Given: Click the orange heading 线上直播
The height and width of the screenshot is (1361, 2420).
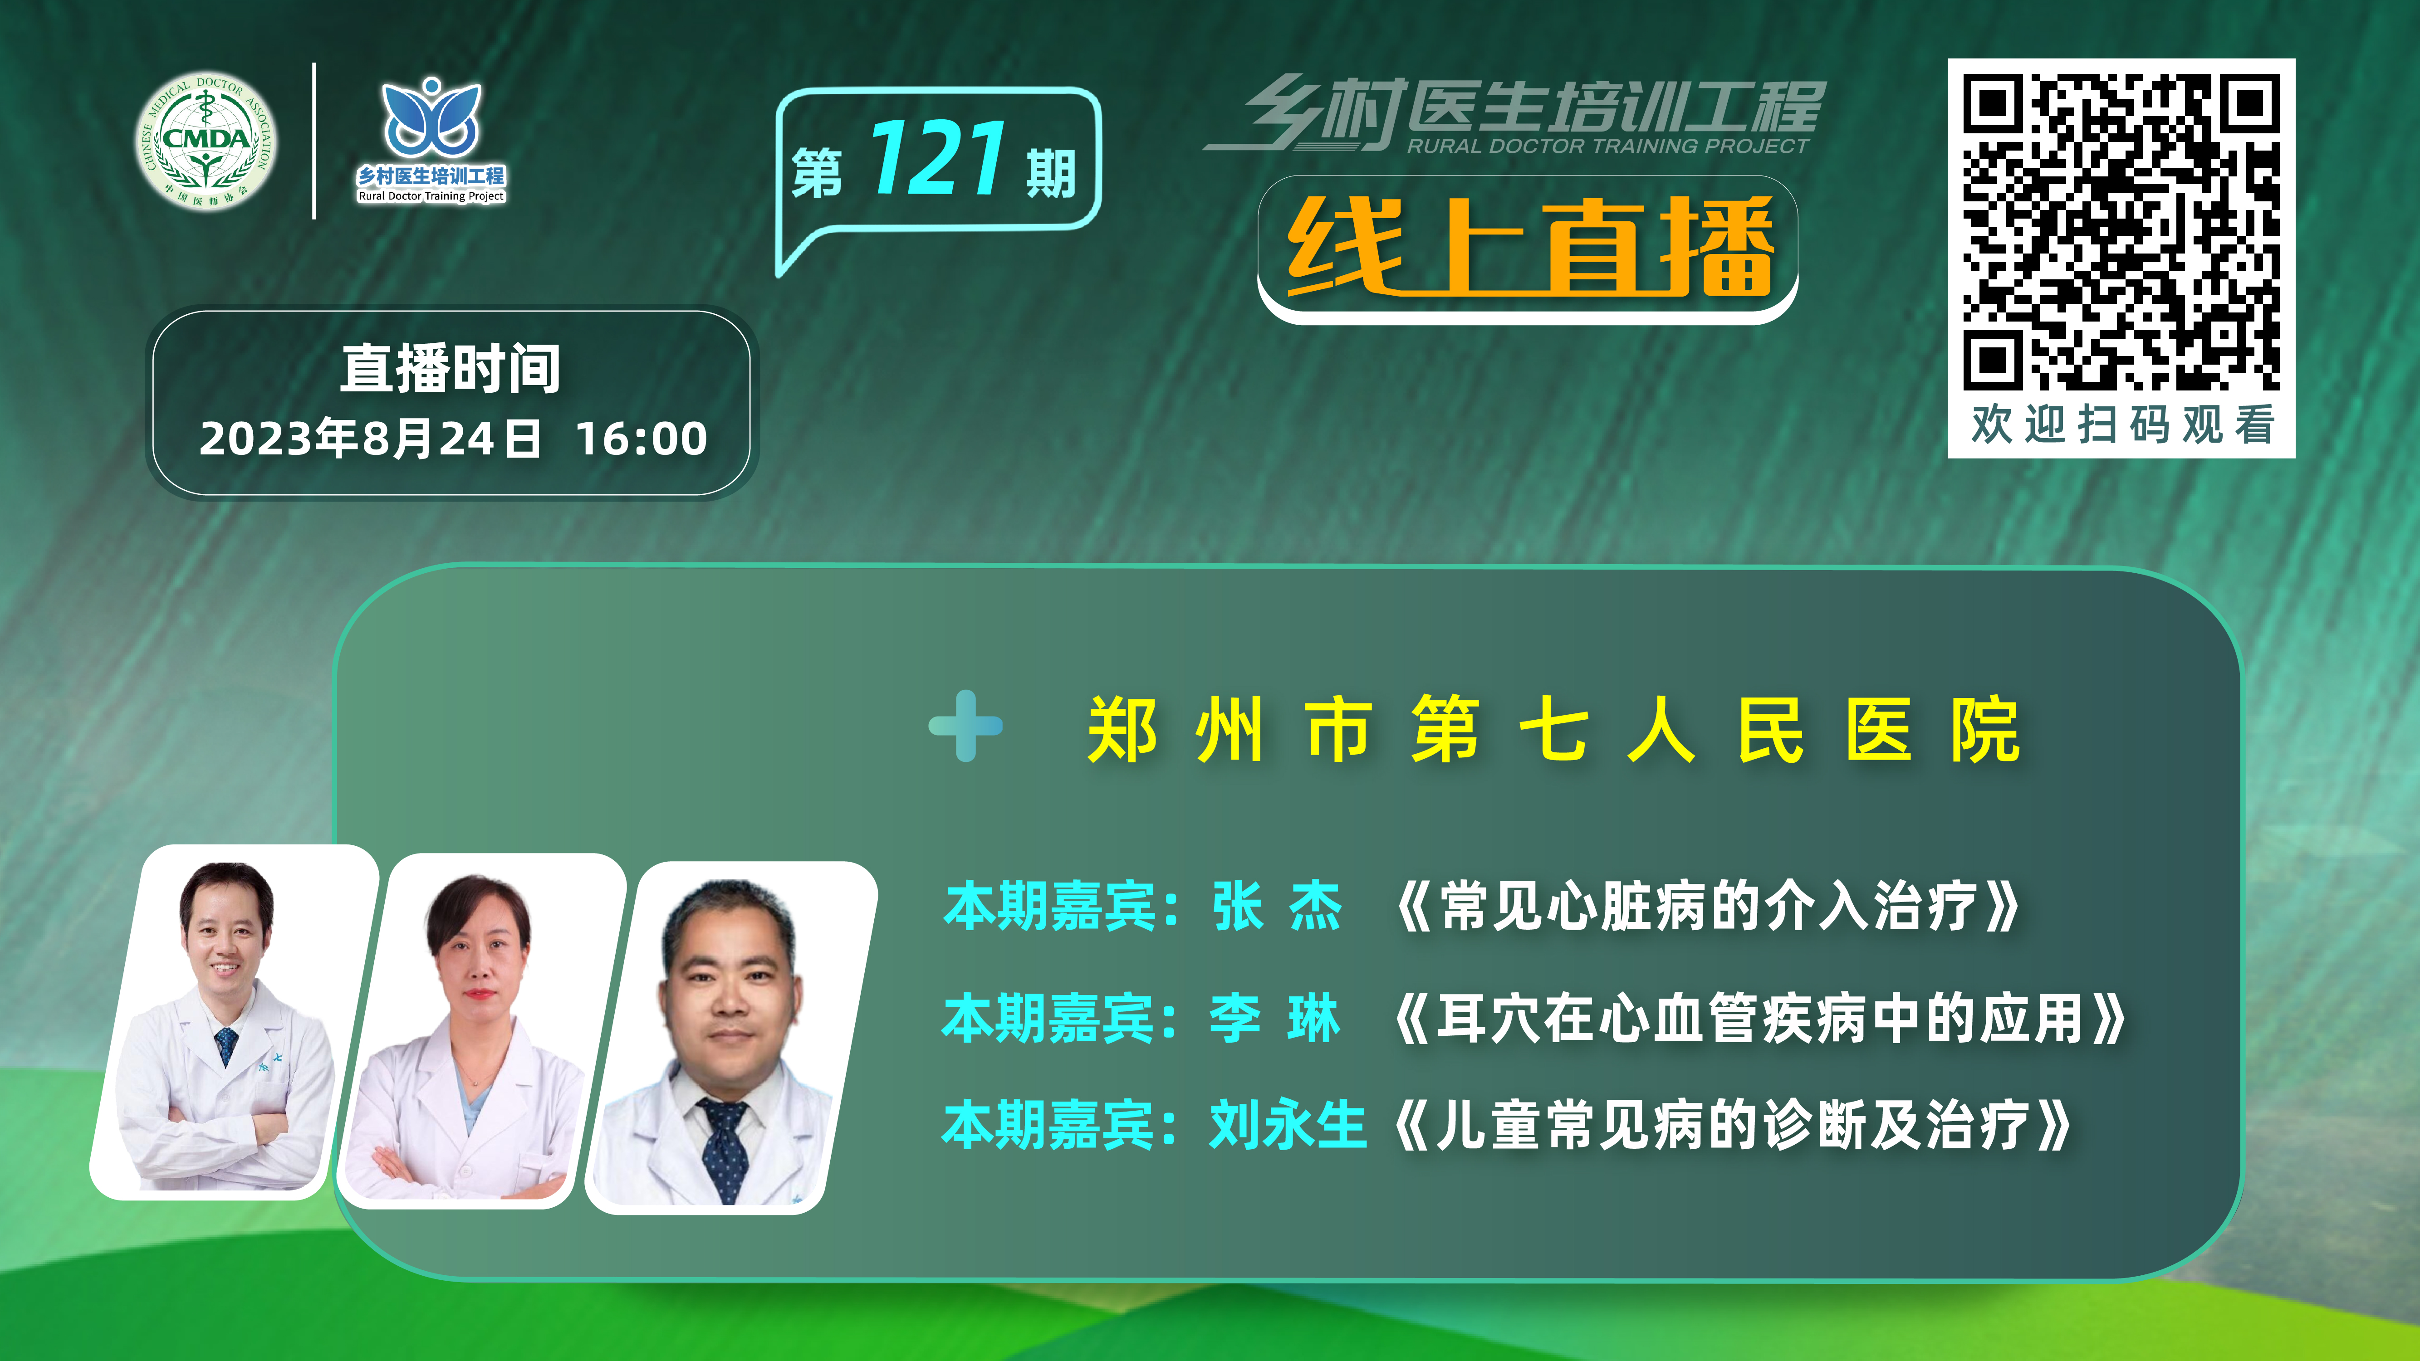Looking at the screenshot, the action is [1529, 246].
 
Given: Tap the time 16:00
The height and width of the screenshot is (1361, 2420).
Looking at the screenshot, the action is [642, 439].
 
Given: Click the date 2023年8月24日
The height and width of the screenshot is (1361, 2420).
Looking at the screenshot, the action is [370, 439].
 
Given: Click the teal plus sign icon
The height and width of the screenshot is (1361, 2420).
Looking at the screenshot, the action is [966, 725].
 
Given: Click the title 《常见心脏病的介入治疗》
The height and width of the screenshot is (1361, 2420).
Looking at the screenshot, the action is [1705, 907].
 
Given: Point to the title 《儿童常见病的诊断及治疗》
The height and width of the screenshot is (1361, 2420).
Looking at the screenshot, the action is [1731, 1125].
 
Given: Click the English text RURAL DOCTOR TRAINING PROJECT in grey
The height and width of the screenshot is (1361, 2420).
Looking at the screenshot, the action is [1607, 146].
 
